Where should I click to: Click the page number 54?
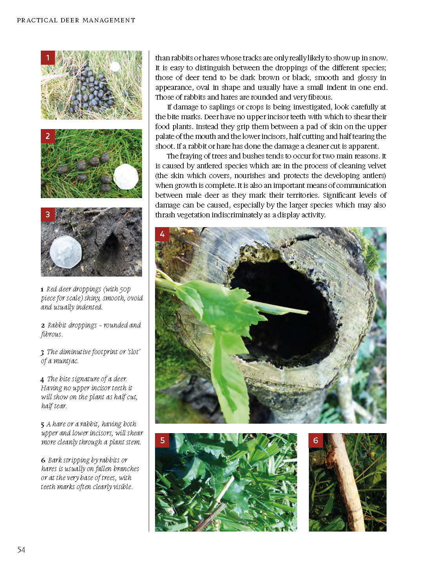tap(21, 550)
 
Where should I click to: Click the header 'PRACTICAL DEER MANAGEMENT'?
tap(76, 20)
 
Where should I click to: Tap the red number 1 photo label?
tap(48, 58)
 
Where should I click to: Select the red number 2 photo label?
tap(48, 136)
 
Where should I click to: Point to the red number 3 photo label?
tap(48, 215)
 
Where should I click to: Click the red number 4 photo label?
tap(162, 234)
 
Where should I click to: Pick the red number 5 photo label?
tap(162, 440)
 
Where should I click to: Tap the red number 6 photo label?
tap(316, 440)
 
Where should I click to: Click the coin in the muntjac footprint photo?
tap(66, 252)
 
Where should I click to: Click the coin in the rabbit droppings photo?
tap(126, 177)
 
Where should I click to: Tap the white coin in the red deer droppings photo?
tap(115, 67)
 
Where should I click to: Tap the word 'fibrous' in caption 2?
tap(51, 334)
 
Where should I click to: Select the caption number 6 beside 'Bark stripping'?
tap(43, 460)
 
